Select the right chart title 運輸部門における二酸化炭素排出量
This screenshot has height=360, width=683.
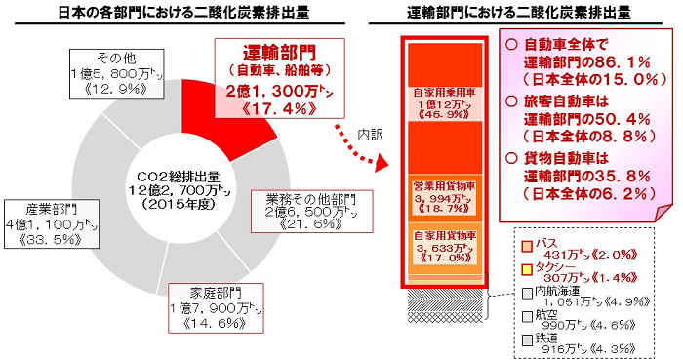click(x=517, y=13)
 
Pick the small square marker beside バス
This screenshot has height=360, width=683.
click(x=527, y=244)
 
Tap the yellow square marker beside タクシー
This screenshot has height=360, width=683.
click(x=527, y=268)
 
